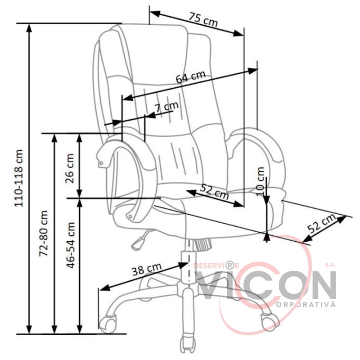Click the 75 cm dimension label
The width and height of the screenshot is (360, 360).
pos(203,19)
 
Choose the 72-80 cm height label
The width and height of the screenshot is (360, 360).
pos(44,234)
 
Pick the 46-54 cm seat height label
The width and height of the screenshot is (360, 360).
pos(71,245)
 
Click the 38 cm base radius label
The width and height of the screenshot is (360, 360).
pos(147,269)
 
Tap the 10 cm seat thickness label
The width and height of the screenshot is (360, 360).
pos(261,181)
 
